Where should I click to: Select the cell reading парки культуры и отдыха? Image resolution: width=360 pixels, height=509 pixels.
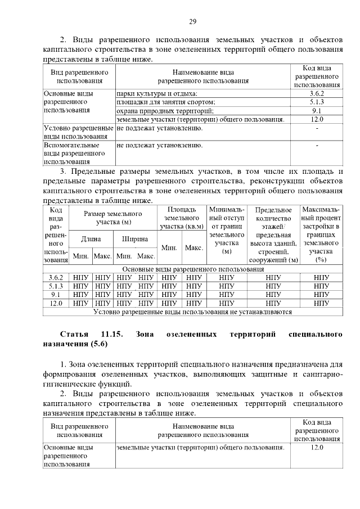coord(157,93)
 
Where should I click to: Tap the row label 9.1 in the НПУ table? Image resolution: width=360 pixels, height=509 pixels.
coord(56,294)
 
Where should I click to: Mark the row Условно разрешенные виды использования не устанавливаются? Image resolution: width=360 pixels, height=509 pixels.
coord(192,311)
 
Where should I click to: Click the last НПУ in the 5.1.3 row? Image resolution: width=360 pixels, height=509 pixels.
coord(321,286)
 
